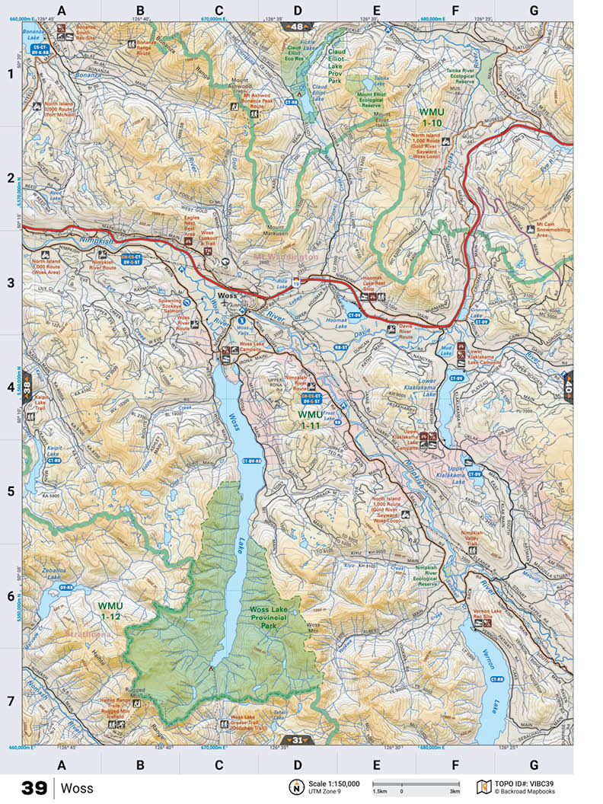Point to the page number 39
pos(34,788)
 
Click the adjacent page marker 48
pos(297,27)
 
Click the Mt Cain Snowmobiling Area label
pos(533,230)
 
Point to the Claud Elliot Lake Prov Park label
pos(336,65)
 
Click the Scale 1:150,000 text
pos(333,783)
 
